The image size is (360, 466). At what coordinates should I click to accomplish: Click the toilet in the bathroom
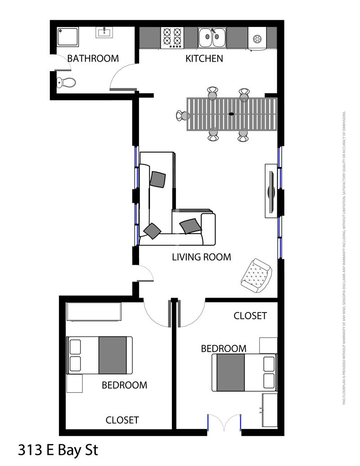(66, 82)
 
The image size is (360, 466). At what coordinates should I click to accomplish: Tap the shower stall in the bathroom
(67, 36)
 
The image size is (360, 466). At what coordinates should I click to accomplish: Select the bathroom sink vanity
(104, 32)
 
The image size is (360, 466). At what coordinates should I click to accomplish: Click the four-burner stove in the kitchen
(172, 37)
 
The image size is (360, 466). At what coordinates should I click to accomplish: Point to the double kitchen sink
(212, 37)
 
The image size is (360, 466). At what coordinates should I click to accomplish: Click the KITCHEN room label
(204, 59)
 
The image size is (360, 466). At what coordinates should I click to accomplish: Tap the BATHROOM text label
(93, 59)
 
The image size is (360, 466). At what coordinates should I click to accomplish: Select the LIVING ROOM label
(201, 257)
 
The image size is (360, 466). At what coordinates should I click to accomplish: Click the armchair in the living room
(256, 274)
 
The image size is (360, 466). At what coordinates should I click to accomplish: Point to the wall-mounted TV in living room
(271, 191)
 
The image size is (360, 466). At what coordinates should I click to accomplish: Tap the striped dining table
(232, 114)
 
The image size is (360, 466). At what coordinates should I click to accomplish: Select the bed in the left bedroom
(99, 355)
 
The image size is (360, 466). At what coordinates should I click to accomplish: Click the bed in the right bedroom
(244, 372)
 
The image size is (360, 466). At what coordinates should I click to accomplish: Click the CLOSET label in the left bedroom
(122, 420)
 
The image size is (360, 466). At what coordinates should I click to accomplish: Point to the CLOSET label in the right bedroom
(250, 316)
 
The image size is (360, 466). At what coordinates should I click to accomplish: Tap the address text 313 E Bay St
(58, 450)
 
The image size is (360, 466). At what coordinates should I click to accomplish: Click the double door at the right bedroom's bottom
(225, 423)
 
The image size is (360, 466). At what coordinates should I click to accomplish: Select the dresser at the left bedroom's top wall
(94, 312)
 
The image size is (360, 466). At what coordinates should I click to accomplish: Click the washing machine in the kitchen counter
(257, 38)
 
